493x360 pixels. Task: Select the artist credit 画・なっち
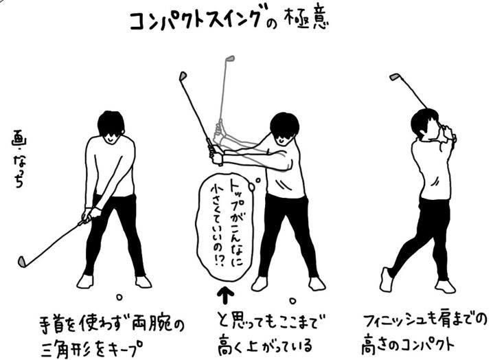(x=20, y=156)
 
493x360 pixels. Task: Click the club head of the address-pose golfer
(x=23, y=261)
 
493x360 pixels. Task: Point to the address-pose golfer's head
(x=111, y=126)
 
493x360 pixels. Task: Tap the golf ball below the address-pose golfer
(x=119, y=297)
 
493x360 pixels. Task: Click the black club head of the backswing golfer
(x=182, y=76)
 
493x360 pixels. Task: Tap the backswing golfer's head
(x=283, y=127)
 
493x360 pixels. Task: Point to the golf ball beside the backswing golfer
(x=293, y=300)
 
